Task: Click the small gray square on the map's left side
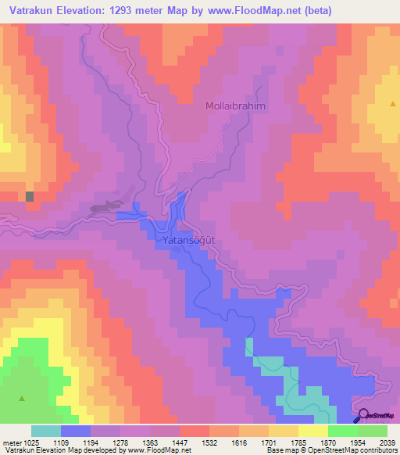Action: (30, 197)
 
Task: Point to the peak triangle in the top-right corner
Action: (391, 102)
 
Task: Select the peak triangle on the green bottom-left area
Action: (22, 399)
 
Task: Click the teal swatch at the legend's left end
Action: (46, 431)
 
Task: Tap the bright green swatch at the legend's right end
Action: (373, 431)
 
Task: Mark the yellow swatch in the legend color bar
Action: (313, 431)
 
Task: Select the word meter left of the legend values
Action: (9, 442)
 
